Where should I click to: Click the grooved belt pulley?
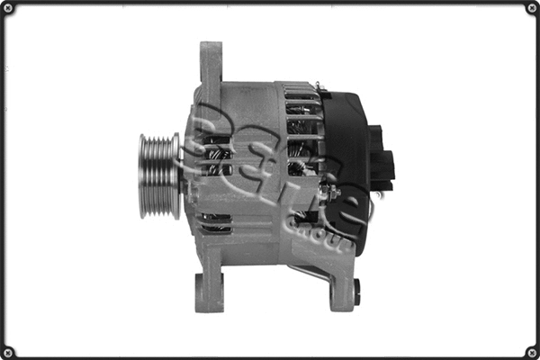click(x=158, y=175)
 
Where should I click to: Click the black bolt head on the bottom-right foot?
click(x=357, y=289)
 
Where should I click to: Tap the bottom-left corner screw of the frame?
click(x=11, y=350)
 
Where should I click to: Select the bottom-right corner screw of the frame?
click(x=529, y=350)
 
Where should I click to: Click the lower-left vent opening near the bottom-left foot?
click(x=216, y=224)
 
